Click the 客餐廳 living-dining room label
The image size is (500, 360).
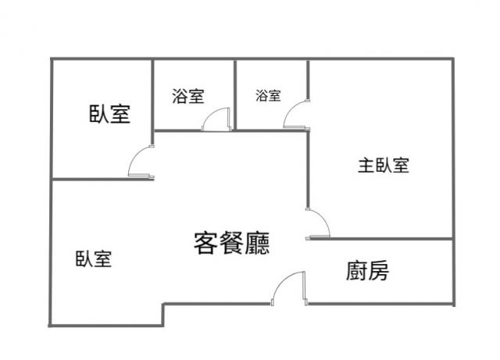tap(232, 243)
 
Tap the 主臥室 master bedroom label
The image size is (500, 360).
tap(384, 166)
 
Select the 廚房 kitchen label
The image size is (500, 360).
tap(367, 271)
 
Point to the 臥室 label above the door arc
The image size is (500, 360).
tap(109, 114)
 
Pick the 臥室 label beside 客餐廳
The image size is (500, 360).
tap(94, 258)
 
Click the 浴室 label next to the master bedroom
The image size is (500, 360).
tap(268, 95)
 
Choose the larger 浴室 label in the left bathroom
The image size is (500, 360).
tap(188, 96)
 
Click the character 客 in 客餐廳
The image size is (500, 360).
tap(205, 243)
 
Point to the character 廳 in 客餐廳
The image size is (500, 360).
tap(258, 243)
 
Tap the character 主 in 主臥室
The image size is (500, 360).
tap(366, 166)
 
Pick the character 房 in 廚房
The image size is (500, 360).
tap(378, 271)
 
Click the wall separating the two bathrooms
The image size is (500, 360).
tap(235, 94)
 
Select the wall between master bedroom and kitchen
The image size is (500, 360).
tap(382, 239)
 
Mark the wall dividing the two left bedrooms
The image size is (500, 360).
tap(103, 179)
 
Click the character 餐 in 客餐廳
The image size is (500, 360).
tap(232, 243)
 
